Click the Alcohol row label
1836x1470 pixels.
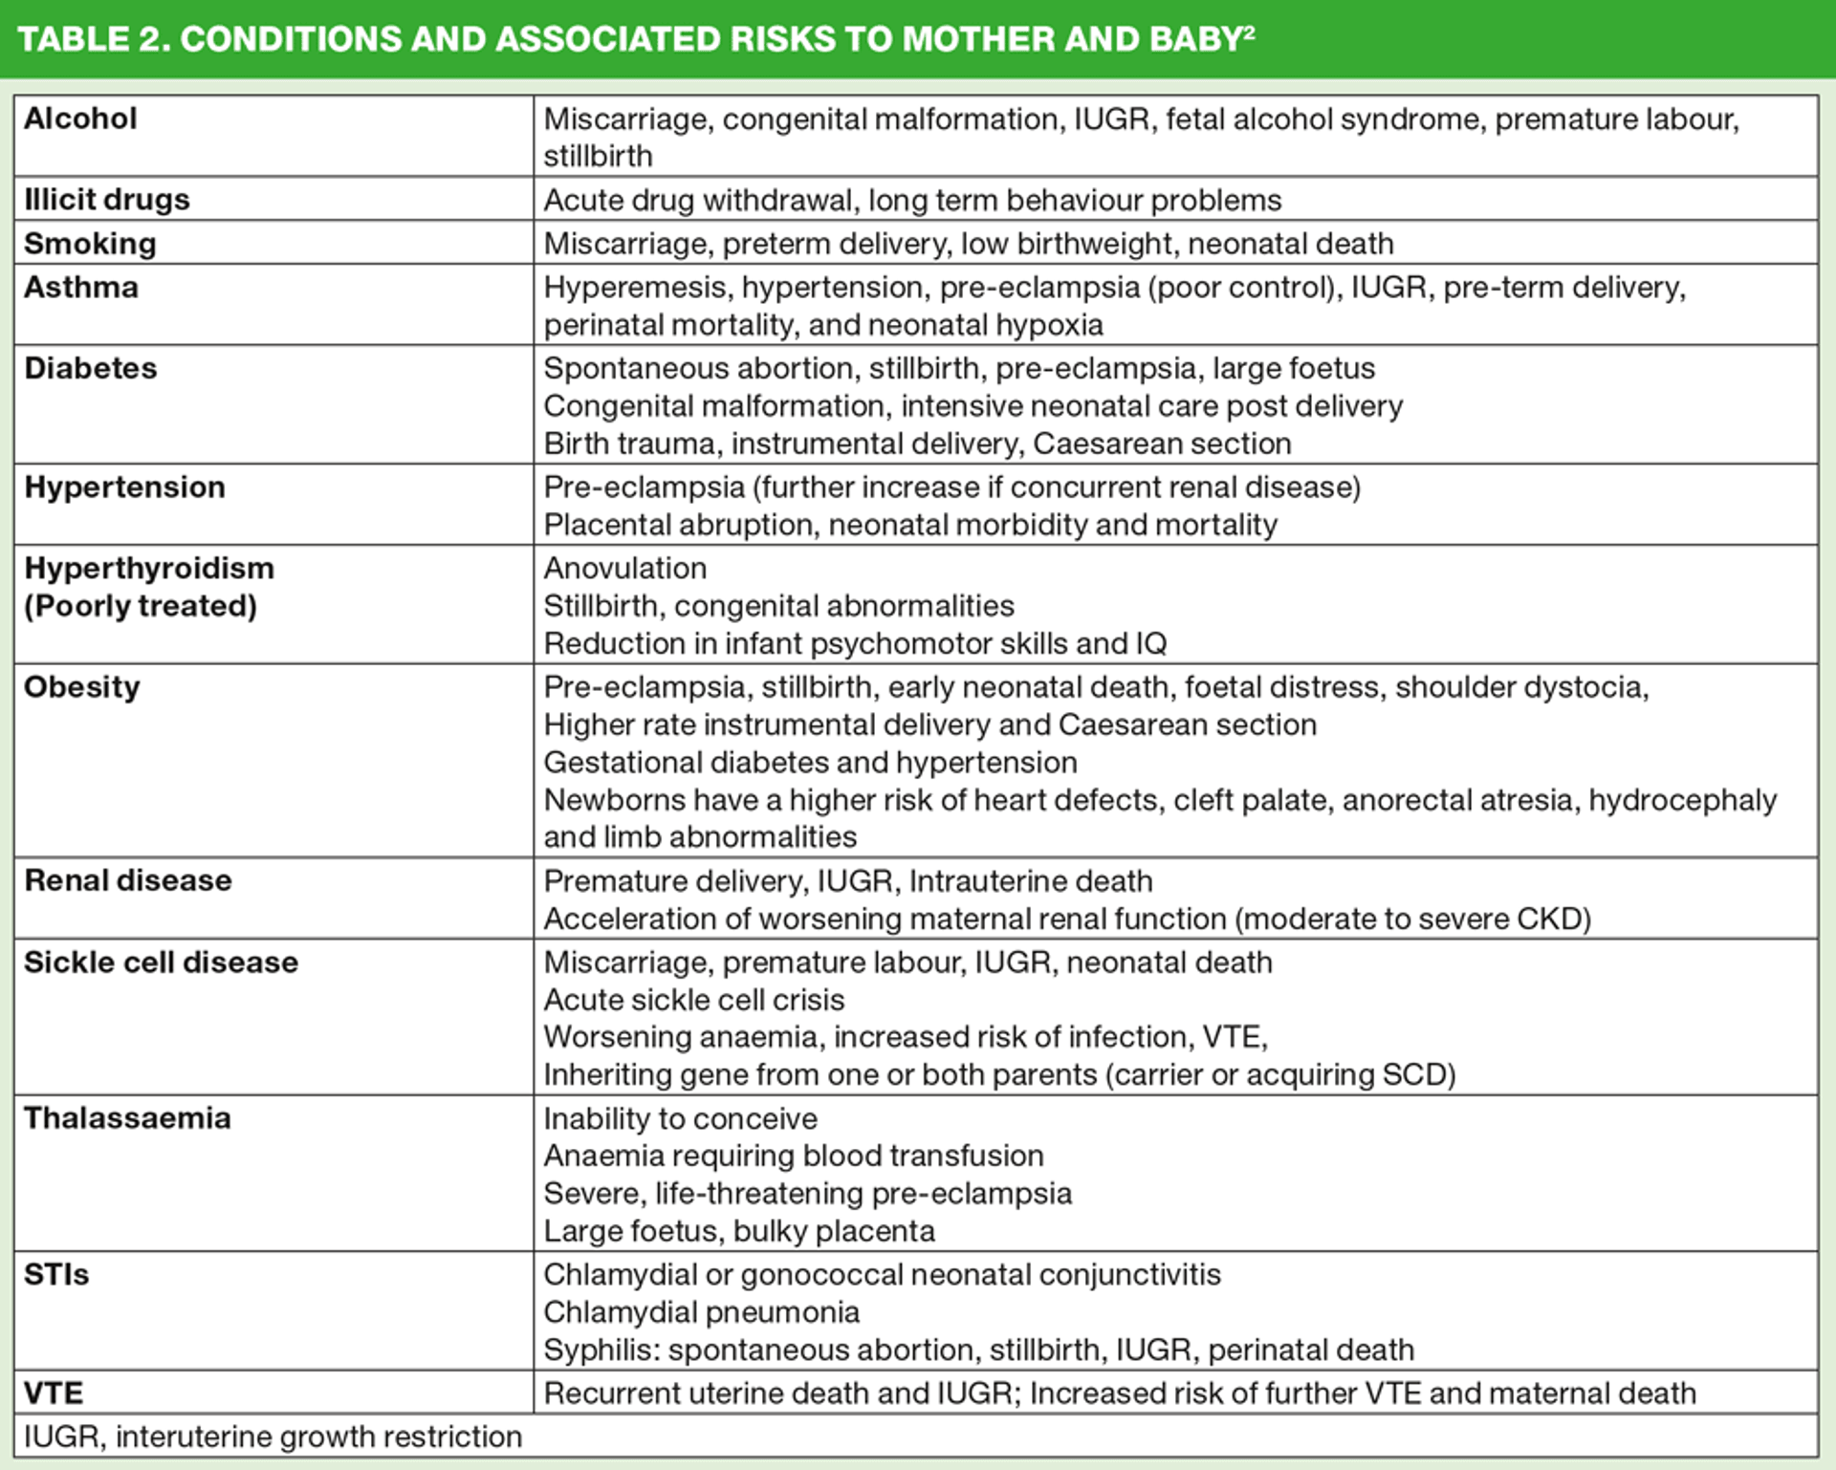80,119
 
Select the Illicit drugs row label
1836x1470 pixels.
107,199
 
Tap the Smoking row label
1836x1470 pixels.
90,243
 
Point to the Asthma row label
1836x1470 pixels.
81,287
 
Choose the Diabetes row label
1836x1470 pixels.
91,368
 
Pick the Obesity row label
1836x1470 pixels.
82,686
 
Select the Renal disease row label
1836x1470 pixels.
128,880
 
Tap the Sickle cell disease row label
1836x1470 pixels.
161,962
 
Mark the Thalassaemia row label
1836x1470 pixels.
127,1118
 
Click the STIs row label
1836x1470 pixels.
56,1274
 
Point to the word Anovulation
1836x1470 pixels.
625,568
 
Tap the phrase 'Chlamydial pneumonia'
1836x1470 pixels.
702,1312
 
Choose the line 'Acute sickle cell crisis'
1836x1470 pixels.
694,1000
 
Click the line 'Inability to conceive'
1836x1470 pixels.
681,1118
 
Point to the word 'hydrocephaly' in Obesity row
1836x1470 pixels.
1682,800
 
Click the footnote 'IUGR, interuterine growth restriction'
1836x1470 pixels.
273,1437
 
